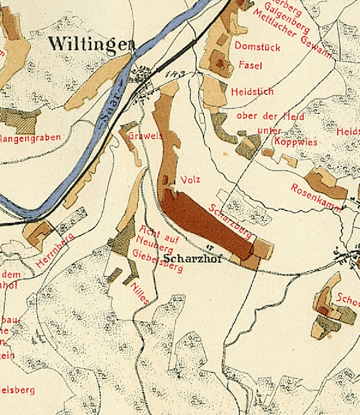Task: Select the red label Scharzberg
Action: tap(230, 221)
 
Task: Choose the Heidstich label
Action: tap(252, 92)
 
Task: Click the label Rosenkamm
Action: tap(316, 199)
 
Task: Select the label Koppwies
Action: tap(278, 142)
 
